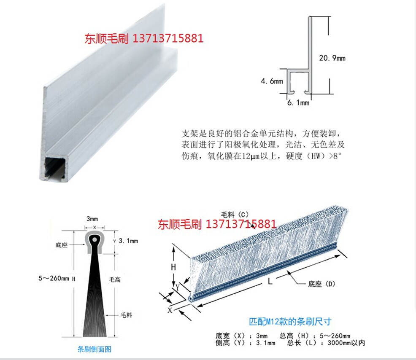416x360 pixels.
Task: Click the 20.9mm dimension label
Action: coord(332,58)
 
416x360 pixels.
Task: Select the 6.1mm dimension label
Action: coord(298,102)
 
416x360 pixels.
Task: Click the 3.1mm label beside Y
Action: coord(128,241)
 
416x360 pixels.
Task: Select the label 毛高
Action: coord(115,279)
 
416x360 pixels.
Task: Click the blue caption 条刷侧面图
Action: coord(95,349)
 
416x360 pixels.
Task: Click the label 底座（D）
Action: coord(321,284)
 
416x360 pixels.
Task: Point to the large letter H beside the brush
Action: coord(173,267)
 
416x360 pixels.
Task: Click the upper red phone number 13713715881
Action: coord(168,39)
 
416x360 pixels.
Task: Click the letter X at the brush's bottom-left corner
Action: coord(170,310)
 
